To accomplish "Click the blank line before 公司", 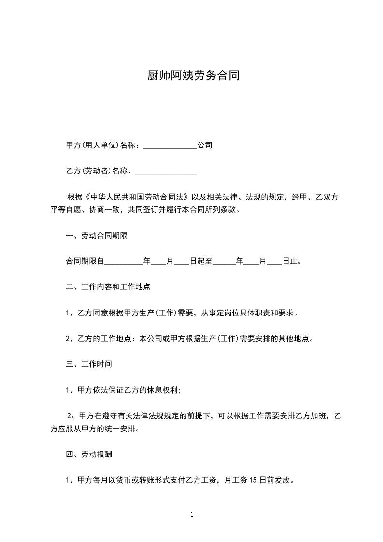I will click(x=170, y=145).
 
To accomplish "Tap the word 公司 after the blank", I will click(x=204, y=145).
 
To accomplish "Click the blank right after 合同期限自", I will click(x=124, y=262).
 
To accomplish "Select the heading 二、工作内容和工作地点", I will click(x=108, y=287).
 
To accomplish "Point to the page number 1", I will click(x=192, y=515).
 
